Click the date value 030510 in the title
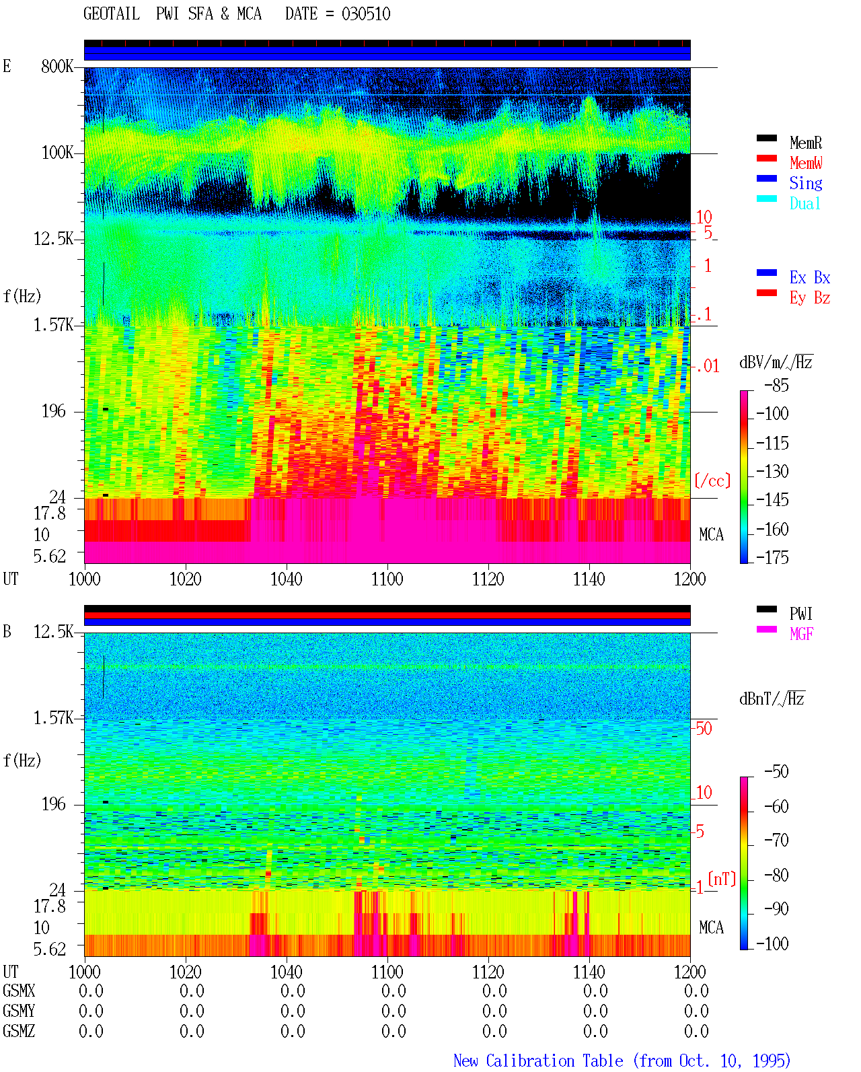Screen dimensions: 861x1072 pyautogui.click(x=366, y=14)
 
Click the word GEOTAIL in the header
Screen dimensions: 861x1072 pyautogui.click(x=112, y=14)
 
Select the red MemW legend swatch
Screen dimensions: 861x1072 pyautogui.click(x=766, y=158)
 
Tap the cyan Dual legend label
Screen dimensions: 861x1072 pyautogui.click(x=805, y=203)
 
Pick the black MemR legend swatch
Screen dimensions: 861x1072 pyautogui.click(x=766, y=138)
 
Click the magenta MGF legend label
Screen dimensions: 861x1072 pyautogui.click(x=801, y=634)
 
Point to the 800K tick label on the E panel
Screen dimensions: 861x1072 pyautogui.click(x=57, y=66)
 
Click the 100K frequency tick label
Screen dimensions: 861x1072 pyautogui.click(x=57, y=153)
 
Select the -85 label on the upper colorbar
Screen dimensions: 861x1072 pyautogui.click(x=776, y=385)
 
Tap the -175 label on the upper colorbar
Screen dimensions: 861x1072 pyautogui.click(x=772, y=557)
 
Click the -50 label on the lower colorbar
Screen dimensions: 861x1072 pyautogui.click(x=776, y=772)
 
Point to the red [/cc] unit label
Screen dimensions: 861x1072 pyautogui.click(x=712, y=480)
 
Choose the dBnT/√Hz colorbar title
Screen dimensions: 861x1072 pyautogui.click(x=772, y=699)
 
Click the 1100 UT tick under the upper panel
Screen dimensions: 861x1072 pyautogui.click(x=387, y=579)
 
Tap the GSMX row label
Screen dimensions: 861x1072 pyautogui.click(x=19, y=991)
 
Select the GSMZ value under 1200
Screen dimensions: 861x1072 pyautogui.click(x=696, y=1031)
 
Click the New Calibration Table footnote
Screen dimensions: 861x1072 pyautogui.click(x=622, y=1061)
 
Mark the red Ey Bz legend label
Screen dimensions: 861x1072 pyautogui.click(x=810, y=297)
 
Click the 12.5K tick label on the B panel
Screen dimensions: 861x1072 pyautogui.click(x=53, y=632)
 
